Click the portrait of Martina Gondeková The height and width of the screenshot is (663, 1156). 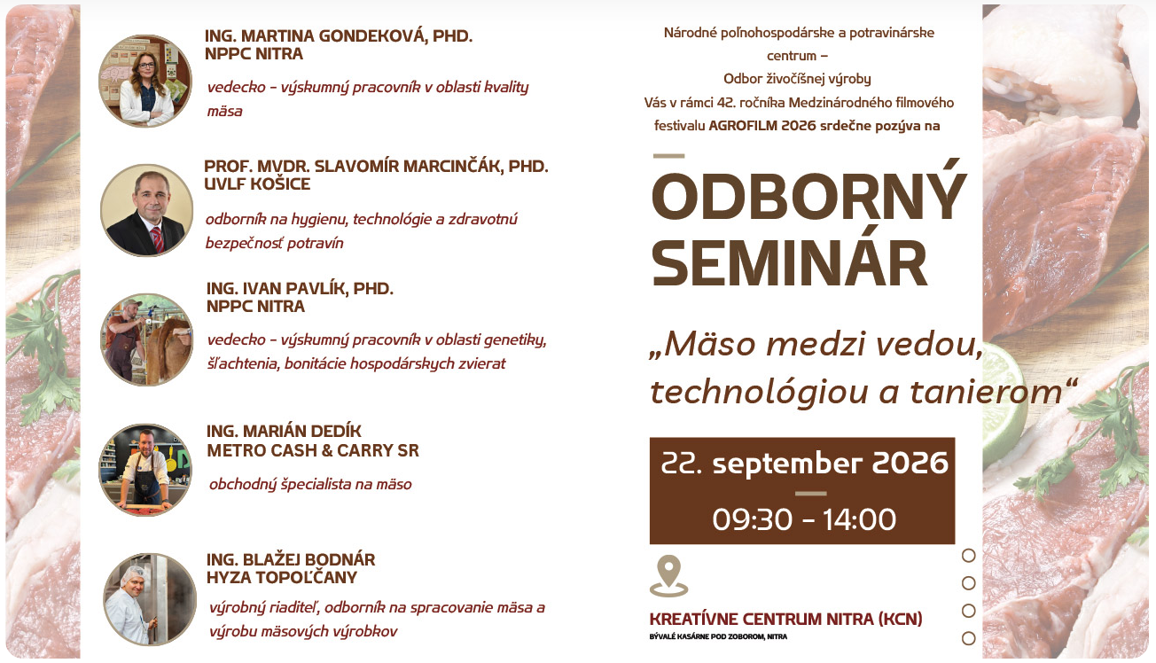coord(145,81)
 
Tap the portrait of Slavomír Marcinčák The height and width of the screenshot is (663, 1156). coord(146,210)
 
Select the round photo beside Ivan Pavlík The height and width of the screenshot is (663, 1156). coord(146,339)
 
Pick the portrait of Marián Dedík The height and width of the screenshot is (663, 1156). coord(145,470)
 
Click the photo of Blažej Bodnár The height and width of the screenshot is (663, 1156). coord(150,599)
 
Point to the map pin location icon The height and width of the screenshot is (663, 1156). coord(668,576)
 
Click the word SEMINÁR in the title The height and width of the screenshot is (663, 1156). coord(790,263)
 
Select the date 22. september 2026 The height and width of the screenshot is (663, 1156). coord(805,463)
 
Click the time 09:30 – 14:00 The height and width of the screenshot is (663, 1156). coord(804,519)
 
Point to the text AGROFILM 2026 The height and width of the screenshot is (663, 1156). coord(762,125)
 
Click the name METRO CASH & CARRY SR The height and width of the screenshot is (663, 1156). coord(313,450)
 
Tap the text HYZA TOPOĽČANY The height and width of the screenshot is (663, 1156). coord(282,577)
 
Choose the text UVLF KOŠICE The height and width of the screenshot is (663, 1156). coord(257,183)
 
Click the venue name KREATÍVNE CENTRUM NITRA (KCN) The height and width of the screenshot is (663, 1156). coord(785,619)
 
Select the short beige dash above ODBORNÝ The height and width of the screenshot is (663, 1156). coord(668,155)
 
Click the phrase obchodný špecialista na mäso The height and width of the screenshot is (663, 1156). coord(310,485)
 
